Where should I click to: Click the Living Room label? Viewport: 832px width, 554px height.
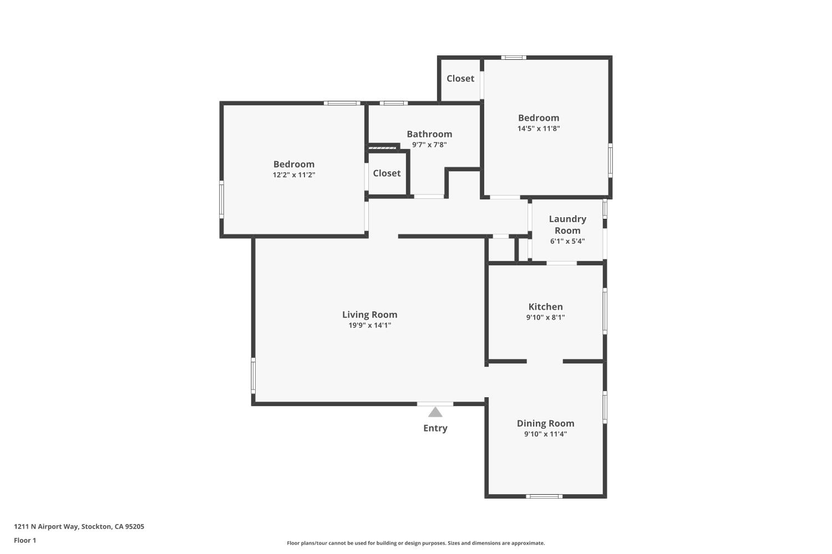tap(369, 315)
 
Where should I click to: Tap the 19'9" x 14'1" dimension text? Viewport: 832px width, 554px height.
tap(369, 325)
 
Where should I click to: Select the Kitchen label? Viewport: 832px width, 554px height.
tap(545, 307)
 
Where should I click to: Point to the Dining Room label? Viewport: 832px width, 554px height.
tap(545, 423)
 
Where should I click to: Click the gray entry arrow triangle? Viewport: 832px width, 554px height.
tap(435, 412)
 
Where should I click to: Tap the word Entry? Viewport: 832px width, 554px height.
tap(435, 428)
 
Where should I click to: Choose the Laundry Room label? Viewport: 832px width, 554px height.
tap(567, 224)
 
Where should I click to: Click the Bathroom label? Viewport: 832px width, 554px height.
tap(429, 134)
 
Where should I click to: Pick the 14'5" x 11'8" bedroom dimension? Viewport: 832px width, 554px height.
tap(539, 129)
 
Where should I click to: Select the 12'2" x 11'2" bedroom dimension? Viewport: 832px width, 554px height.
tap(294, 175)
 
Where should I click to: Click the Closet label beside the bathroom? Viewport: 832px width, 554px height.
tap(387, 173)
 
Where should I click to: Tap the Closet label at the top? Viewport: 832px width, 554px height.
tap(460, 79)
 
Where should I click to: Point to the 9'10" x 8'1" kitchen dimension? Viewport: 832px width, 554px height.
tap(545, 317)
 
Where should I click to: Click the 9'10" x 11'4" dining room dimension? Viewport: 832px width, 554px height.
tap(545, 434)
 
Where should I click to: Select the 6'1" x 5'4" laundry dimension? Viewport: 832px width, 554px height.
tap(567, 241)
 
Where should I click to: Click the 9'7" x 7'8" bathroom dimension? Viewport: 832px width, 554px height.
tap(429, 145)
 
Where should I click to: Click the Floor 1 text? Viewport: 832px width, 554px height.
tap(25, 540)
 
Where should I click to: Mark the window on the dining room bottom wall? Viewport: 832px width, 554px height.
tap(544, 496)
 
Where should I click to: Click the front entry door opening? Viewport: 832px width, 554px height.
tap(435, 404)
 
